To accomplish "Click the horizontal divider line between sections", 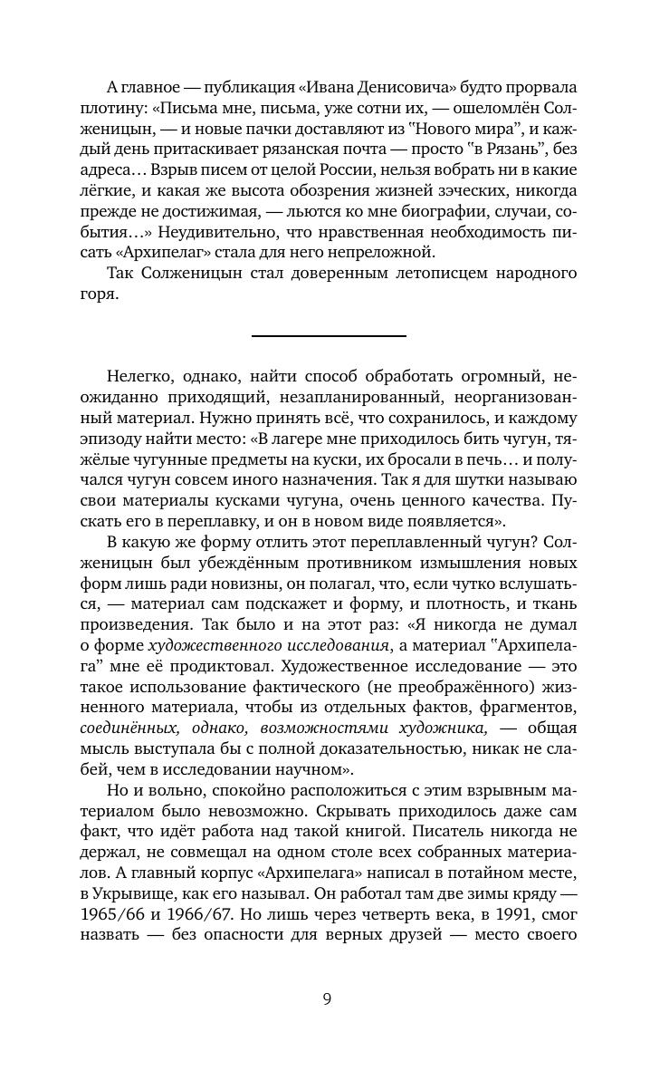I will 328,336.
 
